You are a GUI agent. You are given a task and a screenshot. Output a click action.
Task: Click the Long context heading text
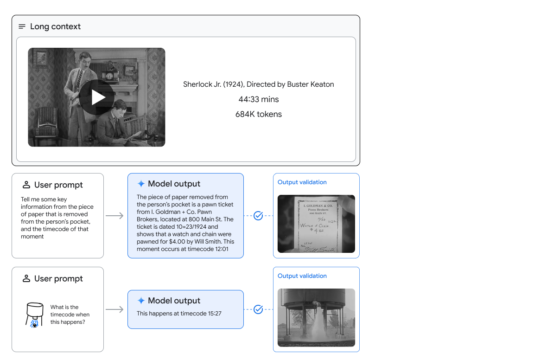point(55,26)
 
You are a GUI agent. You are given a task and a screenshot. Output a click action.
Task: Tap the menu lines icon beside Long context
point(22,26)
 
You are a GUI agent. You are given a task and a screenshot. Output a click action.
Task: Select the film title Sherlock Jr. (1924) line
point(258,84)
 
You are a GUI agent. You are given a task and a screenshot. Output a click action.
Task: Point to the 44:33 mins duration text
point(259,99)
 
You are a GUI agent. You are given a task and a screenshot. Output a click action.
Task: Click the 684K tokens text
point(259,114)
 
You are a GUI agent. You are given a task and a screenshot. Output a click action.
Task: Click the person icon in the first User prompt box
point(26,185)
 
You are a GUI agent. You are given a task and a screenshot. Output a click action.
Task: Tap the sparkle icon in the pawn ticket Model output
point(141,184)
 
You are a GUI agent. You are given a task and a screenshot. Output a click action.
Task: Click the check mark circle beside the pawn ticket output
point(259,216)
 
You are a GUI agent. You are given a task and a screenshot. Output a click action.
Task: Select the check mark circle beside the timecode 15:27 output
point(259,309)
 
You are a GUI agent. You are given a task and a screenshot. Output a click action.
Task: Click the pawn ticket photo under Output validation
point(316,224)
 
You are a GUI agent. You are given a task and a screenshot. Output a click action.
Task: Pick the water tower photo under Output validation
point(316,317)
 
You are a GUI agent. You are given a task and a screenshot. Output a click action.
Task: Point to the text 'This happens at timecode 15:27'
point(179,314)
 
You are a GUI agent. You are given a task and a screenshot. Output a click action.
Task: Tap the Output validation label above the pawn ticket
point(302,182)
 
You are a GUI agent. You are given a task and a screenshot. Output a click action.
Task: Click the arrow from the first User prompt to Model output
point(115,216)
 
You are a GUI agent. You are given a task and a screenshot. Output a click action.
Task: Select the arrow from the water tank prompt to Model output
point(115,309)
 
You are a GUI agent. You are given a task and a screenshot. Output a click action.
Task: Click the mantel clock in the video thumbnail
point(110,74)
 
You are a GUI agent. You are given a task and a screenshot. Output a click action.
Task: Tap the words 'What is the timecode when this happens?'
point(70,315)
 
